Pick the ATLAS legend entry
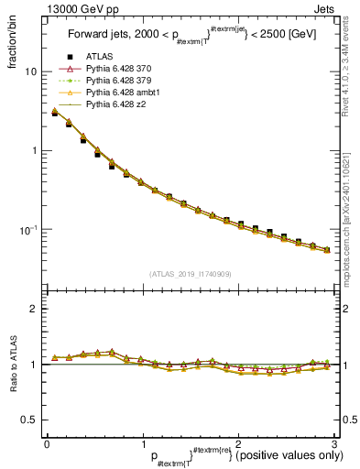[x=100, y=58]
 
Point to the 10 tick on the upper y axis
[x=31, y=71]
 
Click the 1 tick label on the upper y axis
[x=34, y=150]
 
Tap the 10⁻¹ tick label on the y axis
[x=27, y=229]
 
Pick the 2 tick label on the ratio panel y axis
[x=34, y=309]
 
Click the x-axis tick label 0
[x=47, y=443]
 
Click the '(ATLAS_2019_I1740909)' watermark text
[x=191, y=273]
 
